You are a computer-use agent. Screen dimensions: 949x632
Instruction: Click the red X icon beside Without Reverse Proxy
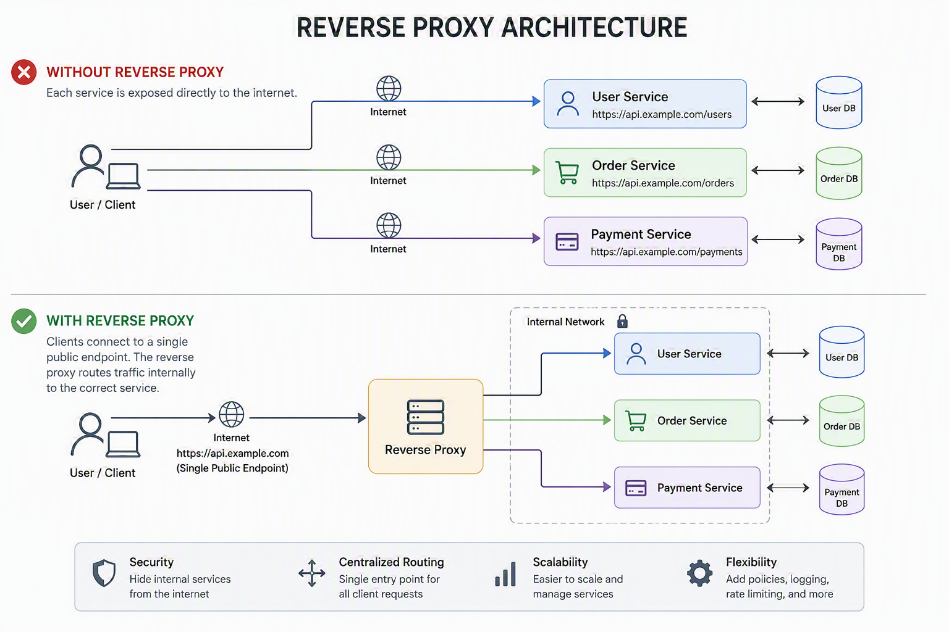click(23, 72)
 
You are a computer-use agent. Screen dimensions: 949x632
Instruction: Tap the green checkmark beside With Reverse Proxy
click(23, 321)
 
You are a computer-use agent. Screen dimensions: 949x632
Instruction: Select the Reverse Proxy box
click(425, 426)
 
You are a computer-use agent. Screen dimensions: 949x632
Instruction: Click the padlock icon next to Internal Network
click(622, 322)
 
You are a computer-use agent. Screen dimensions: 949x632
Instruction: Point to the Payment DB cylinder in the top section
click(839, 244)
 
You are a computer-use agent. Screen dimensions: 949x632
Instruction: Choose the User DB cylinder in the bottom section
click(841, 352)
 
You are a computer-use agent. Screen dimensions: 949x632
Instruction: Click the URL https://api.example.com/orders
click(662, 183)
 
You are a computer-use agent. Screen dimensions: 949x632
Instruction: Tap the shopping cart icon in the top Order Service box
click(567, 172)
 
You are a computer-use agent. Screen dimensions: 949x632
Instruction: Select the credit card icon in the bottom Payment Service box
click(636, 488)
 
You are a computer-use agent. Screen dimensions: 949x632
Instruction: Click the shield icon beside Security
click(104, 573)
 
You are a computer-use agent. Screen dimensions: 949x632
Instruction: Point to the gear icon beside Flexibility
click(699, 573)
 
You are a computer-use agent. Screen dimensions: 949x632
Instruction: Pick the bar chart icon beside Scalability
click(505, 574)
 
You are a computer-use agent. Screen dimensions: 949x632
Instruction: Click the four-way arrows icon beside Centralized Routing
click(312, 573)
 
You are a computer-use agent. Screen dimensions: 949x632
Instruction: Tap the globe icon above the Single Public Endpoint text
click(231, 414)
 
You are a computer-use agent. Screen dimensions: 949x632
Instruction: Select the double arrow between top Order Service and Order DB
click(778, 170)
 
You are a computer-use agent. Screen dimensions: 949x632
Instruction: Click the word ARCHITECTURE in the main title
click(594, 28)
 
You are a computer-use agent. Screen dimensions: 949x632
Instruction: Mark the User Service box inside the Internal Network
click(687, 354)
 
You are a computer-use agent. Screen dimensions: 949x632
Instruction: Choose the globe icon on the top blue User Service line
click(389, 88)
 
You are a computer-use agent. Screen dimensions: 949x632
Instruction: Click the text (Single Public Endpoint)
click(232, 468)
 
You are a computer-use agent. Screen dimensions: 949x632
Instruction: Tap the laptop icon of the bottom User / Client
click(123, 444)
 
